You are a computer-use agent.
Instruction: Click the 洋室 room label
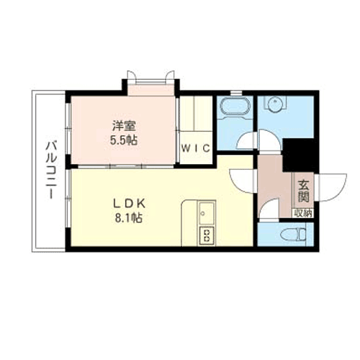125,126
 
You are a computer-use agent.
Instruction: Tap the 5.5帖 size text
124,140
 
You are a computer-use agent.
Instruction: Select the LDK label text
130,204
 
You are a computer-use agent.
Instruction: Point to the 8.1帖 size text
129,218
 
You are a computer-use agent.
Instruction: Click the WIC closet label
196,148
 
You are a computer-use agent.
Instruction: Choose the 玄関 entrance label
303,191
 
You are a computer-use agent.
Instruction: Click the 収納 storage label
303,213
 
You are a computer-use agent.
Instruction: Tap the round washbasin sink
274,104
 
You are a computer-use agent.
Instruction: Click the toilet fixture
294,234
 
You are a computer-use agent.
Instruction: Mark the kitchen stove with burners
207,235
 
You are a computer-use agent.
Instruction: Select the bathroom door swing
246,140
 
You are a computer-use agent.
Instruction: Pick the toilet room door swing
269,209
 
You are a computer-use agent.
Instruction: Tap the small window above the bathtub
236,93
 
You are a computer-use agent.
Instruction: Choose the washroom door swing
270,140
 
